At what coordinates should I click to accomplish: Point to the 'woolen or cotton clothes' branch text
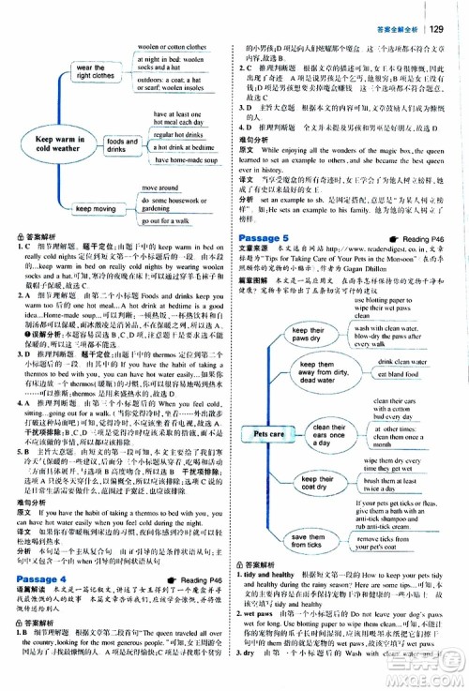click(171, 46)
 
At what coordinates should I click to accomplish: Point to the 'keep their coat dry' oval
click(307, 483)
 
